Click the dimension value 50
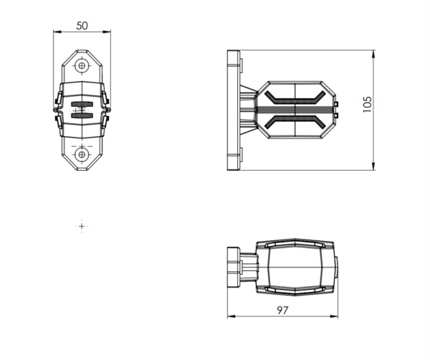coord(82,26)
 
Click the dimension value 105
coord(367,104)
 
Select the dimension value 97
coord(282,310)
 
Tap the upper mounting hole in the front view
coord(82,65)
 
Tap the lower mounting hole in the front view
coord(82,154)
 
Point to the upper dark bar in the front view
coord(82,104)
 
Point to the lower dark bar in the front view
coord(82,115)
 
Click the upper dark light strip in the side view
coord(295,98)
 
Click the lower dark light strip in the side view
coord(295,122)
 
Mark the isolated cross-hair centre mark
coord(82,227)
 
